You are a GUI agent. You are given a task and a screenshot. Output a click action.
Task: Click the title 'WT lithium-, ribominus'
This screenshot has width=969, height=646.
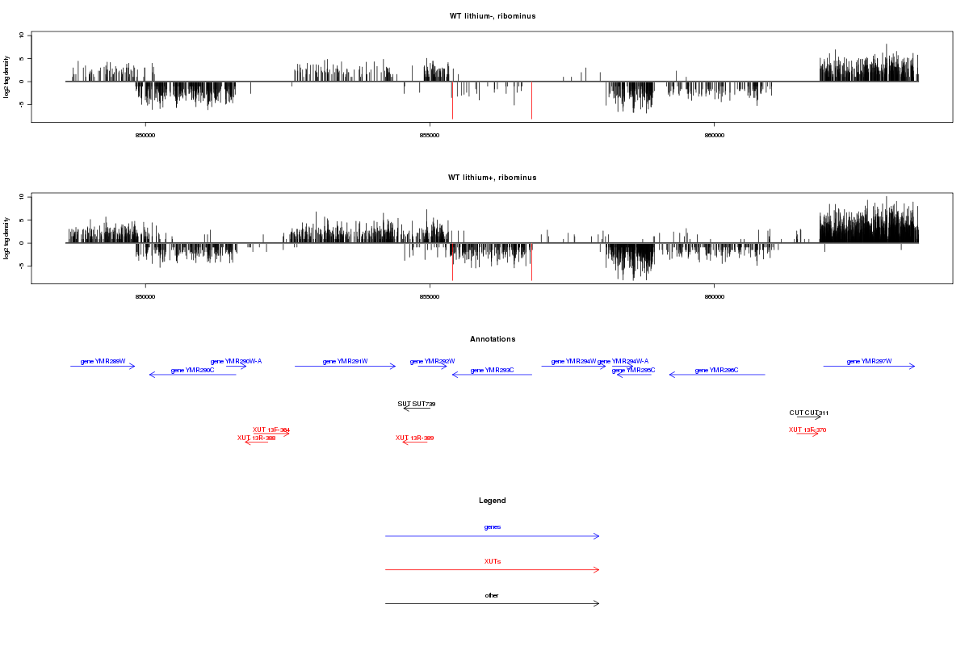[492, 16]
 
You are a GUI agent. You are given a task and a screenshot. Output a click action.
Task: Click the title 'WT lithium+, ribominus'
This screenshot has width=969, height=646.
[492, 177]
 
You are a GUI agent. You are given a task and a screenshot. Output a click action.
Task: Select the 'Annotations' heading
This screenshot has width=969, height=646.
[493, 339]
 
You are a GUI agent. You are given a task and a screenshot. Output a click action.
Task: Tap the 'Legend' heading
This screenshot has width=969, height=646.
[493, 501]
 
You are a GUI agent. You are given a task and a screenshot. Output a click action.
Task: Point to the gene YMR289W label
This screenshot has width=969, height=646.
[103, 362]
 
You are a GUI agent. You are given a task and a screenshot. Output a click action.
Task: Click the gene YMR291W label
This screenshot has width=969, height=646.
[345, 362]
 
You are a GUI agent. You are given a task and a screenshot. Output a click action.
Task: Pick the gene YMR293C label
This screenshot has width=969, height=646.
[491, 370]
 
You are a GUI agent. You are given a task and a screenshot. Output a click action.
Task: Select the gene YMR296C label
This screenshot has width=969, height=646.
[716, 371]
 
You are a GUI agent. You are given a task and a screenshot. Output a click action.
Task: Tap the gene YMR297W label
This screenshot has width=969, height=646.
[869, 362]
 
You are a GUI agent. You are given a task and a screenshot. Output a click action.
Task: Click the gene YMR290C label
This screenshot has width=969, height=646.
[192, 370]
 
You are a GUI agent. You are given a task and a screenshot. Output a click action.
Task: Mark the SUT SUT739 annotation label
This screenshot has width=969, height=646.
[417, 404]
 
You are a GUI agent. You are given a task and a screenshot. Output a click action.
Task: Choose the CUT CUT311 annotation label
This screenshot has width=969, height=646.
[809, 413]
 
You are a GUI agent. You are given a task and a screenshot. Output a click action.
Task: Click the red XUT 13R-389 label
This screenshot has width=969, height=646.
[414, 438]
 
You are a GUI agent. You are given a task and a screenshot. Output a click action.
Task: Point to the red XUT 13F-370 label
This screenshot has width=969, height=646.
[807, 430]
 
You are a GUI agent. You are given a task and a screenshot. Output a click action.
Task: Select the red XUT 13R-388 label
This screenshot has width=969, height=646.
[256, 438]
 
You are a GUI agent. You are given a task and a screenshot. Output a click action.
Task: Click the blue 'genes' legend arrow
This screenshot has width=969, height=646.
[493, 536]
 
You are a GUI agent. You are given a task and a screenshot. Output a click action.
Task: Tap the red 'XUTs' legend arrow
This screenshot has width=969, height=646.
[493, 570]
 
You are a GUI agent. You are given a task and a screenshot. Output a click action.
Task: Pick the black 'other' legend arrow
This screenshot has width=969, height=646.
[493, 604]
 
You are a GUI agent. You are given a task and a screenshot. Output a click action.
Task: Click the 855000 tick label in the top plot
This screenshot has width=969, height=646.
[430, 135]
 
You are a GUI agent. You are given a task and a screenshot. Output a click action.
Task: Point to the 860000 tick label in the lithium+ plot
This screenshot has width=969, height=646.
[714, 296]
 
